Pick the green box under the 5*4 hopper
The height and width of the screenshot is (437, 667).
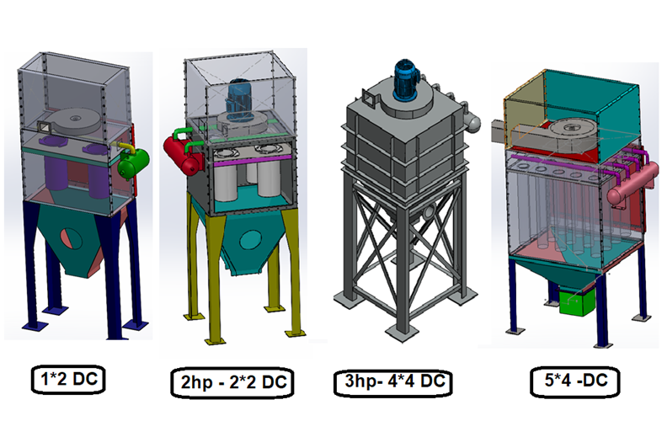pyautogui.click(x=575, y=302)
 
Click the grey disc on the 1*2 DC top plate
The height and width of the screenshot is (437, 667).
pyautogui.click(x=81, y=119)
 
